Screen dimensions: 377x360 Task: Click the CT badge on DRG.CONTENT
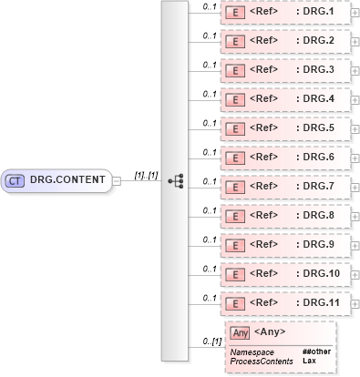point(15,180)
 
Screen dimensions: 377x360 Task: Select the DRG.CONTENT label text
point(67,180)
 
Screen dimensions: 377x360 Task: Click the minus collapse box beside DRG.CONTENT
point(117,180)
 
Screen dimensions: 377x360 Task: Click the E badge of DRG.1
point(233,14)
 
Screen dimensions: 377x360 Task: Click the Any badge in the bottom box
point(240,332)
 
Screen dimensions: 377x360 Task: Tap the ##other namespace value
point(316,352)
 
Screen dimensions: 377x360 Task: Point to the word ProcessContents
point(262,361)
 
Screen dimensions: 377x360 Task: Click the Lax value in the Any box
point(309,361)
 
